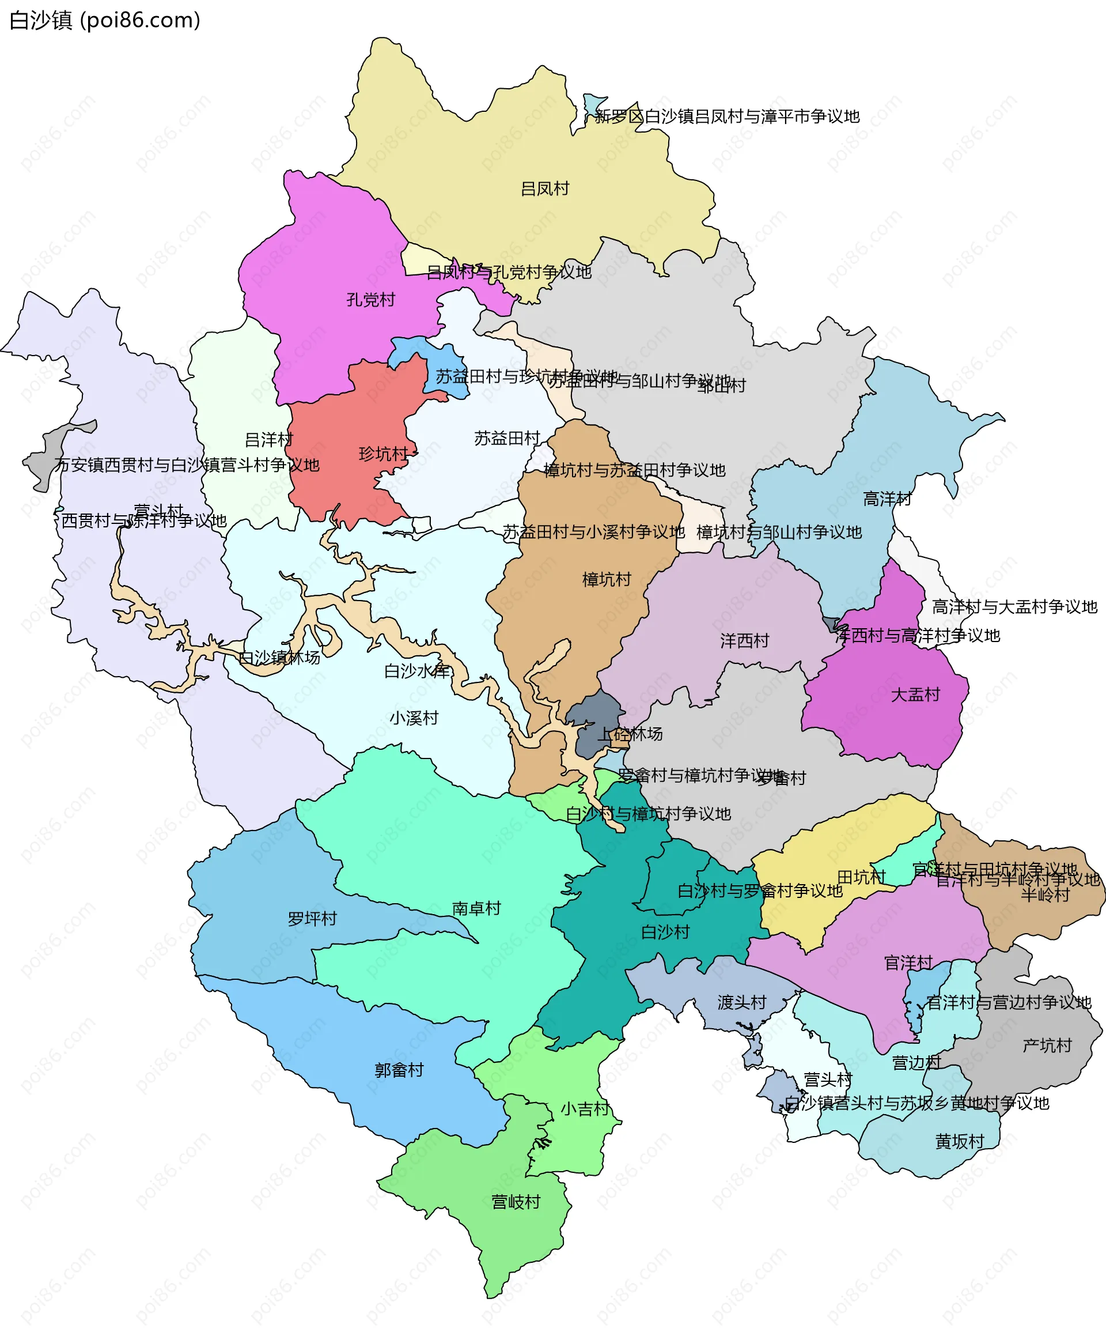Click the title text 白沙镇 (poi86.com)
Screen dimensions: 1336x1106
[x=105, y=20]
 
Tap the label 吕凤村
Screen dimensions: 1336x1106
[x=544, y=189]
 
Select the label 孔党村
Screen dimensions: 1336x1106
[x=371, y=300]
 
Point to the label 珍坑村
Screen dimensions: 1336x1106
[x=384, y=454]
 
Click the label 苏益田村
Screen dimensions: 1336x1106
[x=507, y=439]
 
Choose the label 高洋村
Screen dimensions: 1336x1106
[x=887, y=499]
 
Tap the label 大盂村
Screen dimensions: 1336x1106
[x=915, y=695]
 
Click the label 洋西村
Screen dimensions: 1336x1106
[x=745, y=641]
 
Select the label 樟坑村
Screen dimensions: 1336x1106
[x=607, y=580]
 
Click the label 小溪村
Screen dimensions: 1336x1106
[x=414, y=718]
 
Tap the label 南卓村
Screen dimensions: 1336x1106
[x=476, y=908]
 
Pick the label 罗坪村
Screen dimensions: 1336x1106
[x=312, y=919]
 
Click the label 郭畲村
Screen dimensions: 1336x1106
[x=399, y=1070]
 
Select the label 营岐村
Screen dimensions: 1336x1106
[x=516, y=1202]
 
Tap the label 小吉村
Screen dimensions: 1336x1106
[x=585, y=1109]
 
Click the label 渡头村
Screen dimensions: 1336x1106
[x=741, y=1003]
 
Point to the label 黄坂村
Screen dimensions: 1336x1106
[x=960, y=1141]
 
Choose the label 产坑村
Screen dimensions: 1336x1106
[x=1047, y=1046]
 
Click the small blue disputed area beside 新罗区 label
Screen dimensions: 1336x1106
[x=593, y=104]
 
